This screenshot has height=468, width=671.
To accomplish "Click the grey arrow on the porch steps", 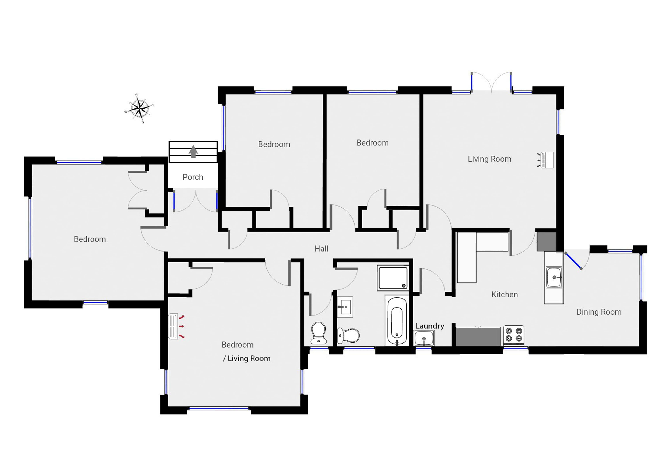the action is tap(193, 151).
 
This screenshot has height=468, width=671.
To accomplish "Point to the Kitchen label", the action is tap(504, 295).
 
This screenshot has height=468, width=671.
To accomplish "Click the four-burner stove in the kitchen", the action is tap(514, 336).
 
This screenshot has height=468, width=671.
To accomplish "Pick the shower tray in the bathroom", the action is tap(393, 278).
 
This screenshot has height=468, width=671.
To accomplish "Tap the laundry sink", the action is tap(424, 338).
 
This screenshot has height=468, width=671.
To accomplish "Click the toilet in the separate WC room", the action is tap(318, 333).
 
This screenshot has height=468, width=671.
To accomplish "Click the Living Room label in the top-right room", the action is tap(489, 159).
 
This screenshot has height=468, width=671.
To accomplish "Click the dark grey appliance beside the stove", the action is tap(478, 337).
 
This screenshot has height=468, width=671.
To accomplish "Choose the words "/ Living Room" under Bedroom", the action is tap(247, 359).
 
